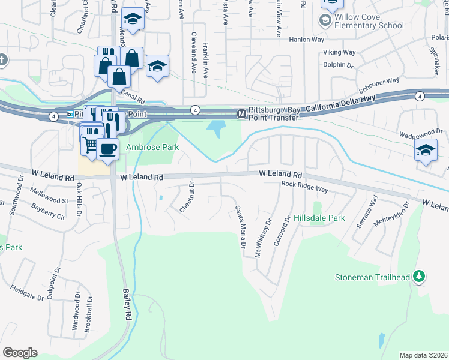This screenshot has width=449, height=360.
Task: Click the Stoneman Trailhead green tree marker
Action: [419, 277]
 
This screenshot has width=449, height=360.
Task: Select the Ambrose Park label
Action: [152, 147]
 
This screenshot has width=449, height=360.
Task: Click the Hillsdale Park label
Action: [319, 218]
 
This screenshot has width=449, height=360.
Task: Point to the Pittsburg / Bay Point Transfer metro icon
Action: [241, 113]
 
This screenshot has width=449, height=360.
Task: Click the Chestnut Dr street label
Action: [188, 197]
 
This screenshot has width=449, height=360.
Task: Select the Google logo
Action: [20, 353]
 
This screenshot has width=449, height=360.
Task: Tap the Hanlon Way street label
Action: [306, 40]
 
